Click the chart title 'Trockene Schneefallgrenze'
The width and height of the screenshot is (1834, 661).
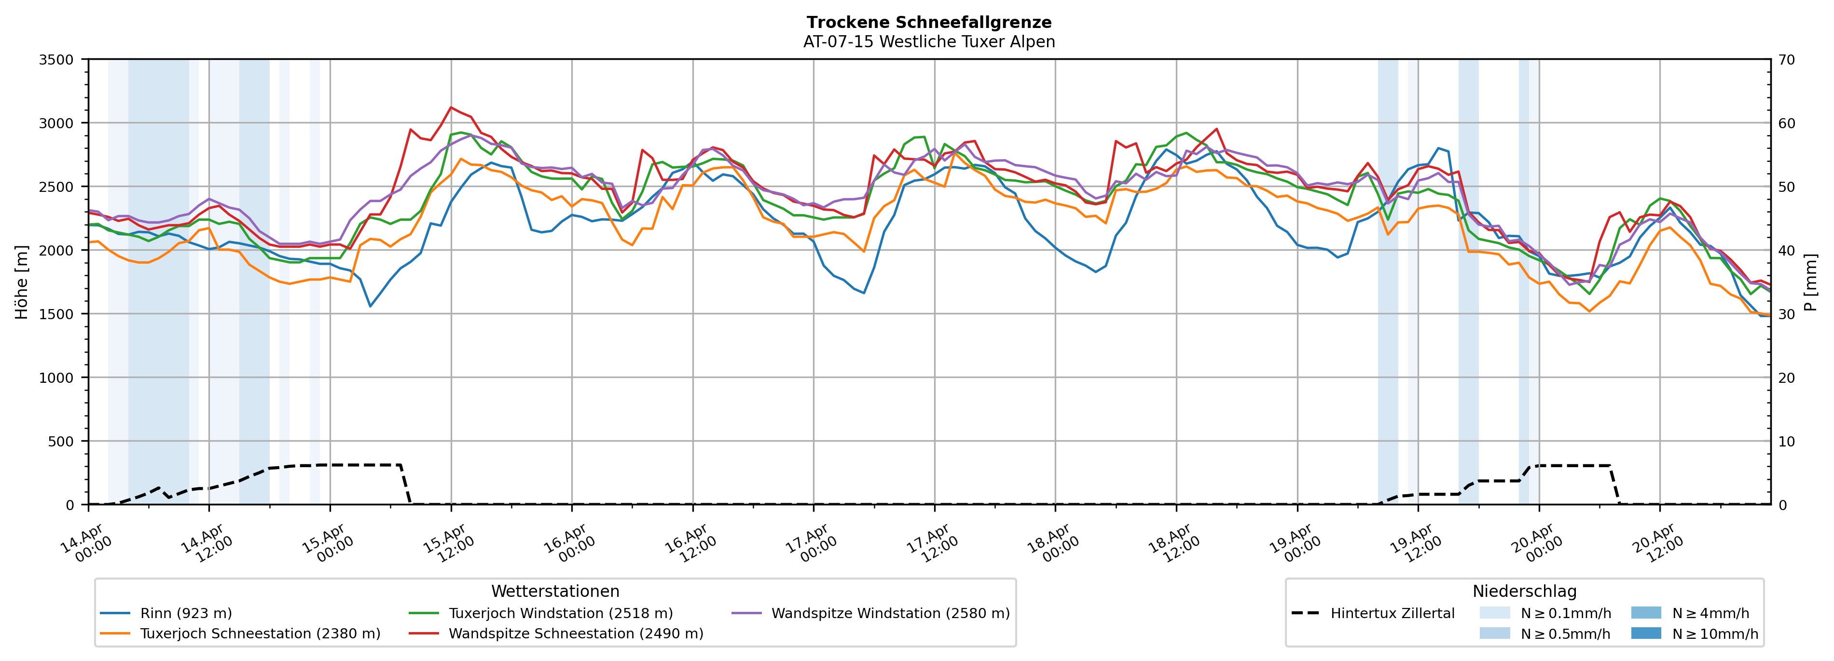[928, 23]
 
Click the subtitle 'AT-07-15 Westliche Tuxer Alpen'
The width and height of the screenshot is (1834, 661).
[928, 42]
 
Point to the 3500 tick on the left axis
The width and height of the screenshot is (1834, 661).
[56, 60]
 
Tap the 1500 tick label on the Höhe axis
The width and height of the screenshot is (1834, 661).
[56, 314]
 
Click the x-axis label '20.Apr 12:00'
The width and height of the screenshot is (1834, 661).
[1657, 544]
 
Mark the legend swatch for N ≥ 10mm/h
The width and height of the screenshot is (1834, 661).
[1645, 633]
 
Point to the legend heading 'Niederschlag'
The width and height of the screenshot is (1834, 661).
[1524, 591]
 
